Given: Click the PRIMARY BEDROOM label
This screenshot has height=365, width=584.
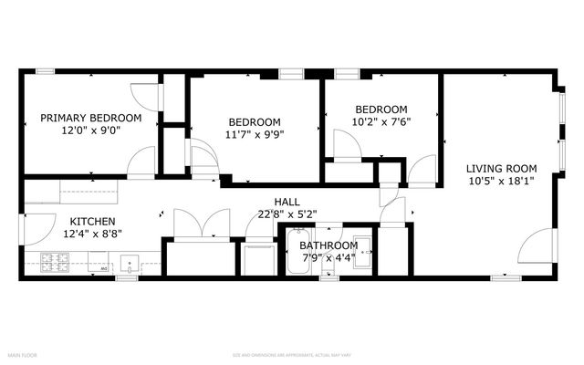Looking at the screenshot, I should point(90,118).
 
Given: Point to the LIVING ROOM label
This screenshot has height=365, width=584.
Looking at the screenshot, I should point(501,168).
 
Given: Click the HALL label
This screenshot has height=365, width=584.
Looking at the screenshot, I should point(287,202).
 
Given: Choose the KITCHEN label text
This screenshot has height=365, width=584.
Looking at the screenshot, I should point(92,221).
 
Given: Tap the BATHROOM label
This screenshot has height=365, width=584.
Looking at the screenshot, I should point(328,245).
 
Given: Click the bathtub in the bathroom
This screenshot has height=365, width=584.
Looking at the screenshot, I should point(296,252).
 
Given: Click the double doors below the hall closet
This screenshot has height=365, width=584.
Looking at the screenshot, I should point(201,224).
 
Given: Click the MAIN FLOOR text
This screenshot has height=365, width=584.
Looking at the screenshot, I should point(24,354).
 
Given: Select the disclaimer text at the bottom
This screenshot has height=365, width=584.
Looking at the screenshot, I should point(291,354).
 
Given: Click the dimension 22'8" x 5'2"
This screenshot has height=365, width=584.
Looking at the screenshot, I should point(287,215).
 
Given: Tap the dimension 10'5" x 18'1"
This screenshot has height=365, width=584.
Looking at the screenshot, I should point(501,181).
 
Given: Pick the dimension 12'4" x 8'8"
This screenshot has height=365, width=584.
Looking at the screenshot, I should point(92,234).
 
